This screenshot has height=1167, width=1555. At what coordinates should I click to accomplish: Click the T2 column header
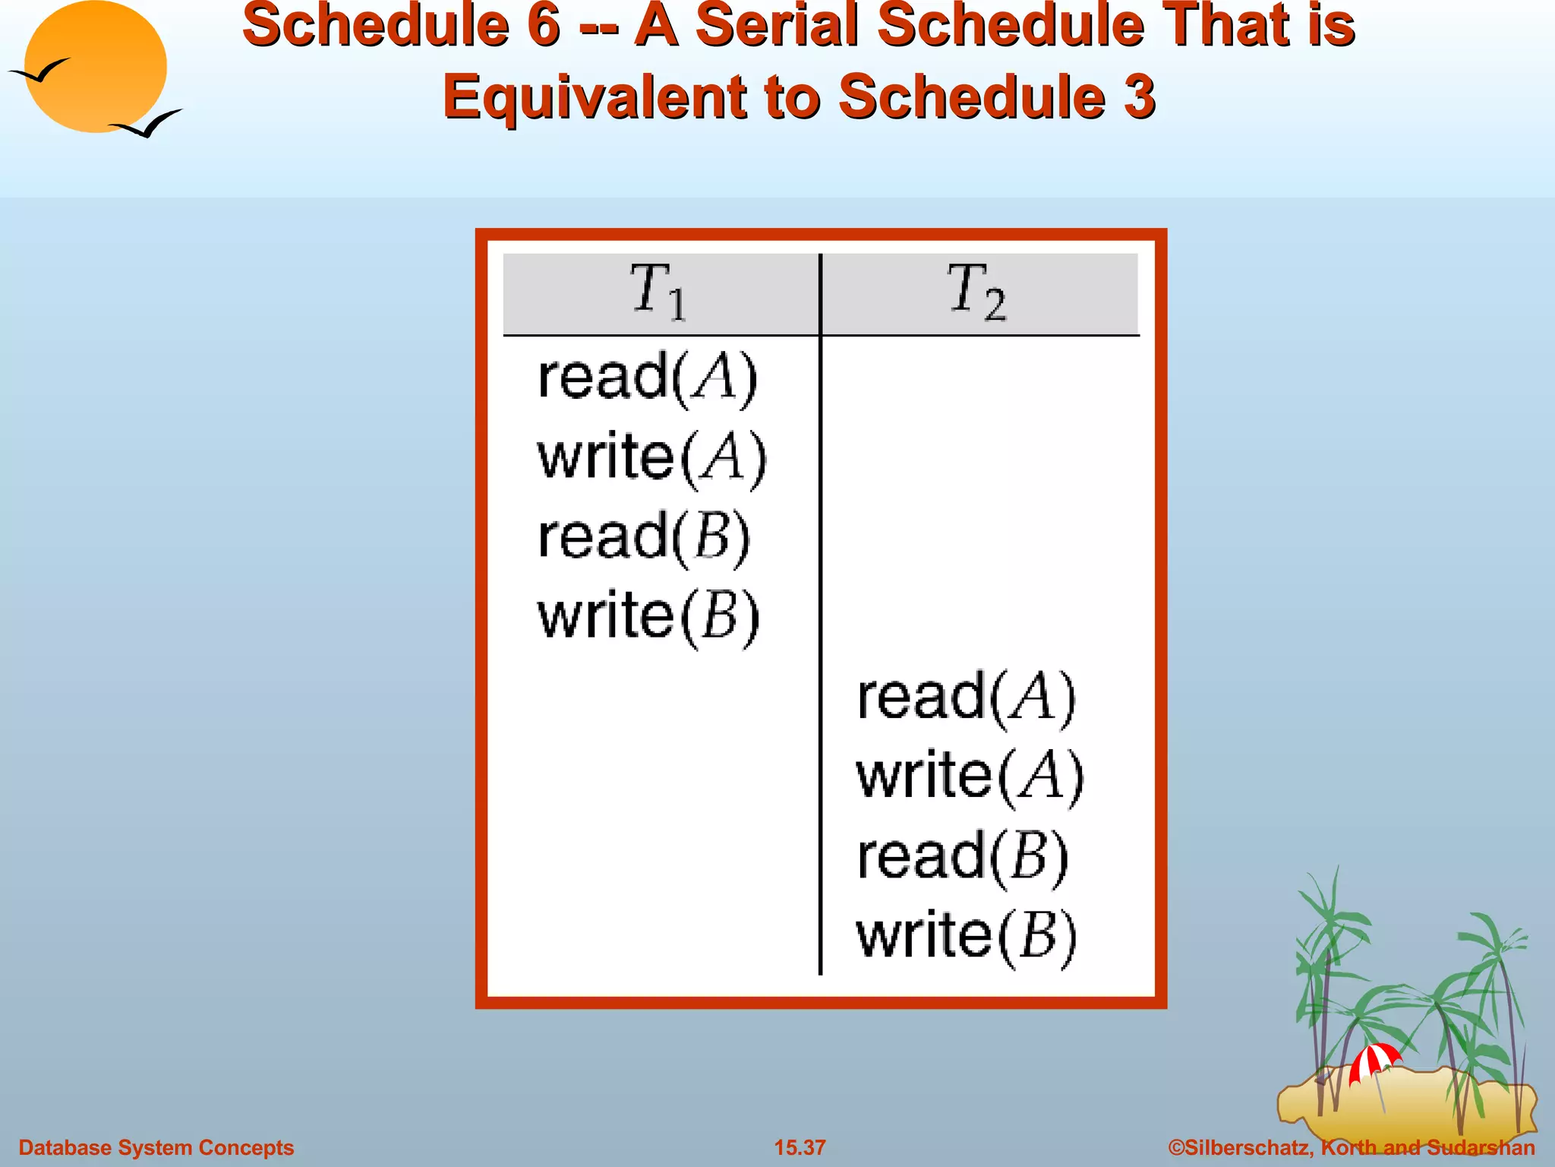tap(978, 293)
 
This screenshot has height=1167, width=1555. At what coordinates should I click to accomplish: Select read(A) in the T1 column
tap(648, 378)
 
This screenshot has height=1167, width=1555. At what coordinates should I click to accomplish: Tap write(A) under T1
tap(652, 457)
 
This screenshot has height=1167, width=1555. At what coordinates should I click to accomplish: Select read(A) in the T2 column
tap(967, 697)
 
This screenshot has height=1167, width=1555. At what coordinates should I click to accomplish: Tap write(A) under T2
tap(970, 776)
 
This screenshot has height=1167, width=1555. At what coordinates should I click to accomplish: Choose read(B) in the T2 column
tap(963, 857)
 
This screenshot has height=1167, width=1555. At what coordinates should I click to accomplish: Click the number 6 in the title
tap(544, 25)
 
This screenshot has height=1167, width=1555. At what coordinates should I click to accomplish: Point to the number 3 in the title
tap(1139, 97)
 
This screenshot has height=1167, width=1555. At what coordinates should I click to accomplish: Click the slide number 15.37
tap(800, 1147)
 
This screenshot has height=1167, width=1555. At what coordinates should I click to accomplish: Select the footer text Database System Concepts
tap(156, 1147)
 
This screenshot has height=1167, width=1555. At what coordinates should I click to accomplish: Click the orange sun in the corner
tap(95, 67)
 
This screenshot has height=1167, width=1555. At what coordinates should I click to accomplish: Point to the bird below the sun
tap(146, 124)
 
